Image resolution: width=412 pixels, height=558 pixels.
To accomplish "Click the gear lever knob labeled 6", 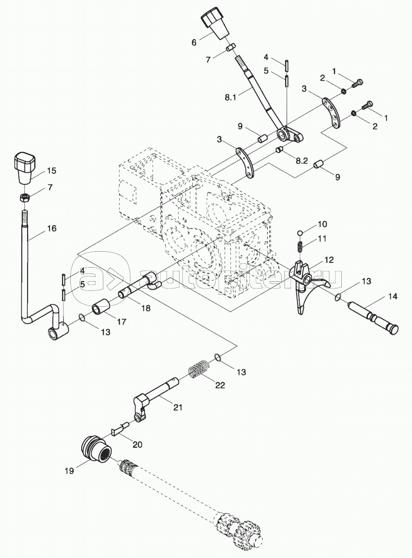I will point(214,24).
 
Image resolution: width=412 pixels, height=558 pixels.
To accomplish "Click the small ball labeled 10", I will point(300,233).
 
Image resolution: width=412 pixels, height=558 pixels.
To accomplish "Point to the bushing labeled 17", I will point(102,308).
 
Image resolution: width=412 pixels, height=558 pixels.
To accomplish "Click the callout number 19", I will point(70,470).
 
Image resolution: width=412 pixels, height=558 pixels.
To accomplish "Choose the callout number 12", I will point(329,260).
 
